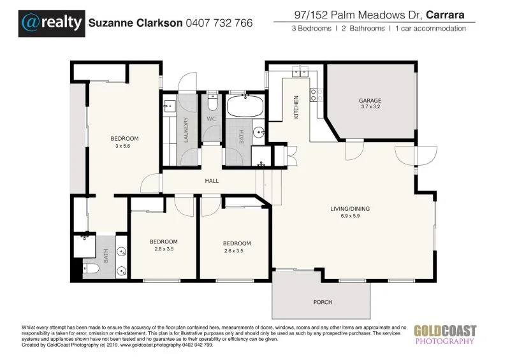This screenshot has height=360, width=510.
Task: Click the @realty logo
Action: coord(52,22)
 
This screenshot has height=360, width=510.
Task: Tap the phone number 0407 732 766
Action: coord(219,23)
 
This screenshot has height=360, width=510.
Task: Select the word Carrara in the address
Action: coord(446,12)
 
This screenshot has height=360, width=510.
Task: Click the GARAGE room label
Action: coord(370,101)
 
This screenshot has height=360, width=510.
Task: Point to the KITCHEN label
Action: coord(296,108)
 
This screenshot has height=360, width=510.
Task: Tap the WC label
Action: coord(212,119)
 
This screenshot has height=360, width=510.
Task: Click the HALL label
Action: coord(212,181)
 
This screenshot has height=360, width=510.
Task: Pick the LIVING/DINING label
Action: coord(349,208)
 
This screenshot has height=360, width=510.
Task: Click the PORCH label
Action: coord(323,302)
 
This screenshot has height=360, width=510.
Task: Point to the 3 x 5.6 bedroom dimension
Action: coord(122,147)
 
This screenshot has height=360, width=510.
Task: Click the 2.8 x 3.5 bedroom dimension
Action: coord(163,250)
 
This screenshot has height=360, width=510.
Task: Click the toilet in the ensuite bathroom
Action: coord(90,269)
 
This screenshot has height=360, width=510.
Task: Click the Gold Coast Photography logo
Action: coord(445,334)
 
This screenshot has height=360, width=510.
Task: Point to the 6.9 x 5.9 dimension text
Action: coord(349,217)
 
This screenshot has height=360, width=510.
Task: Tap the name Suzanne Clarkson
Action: coord(135,23)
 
